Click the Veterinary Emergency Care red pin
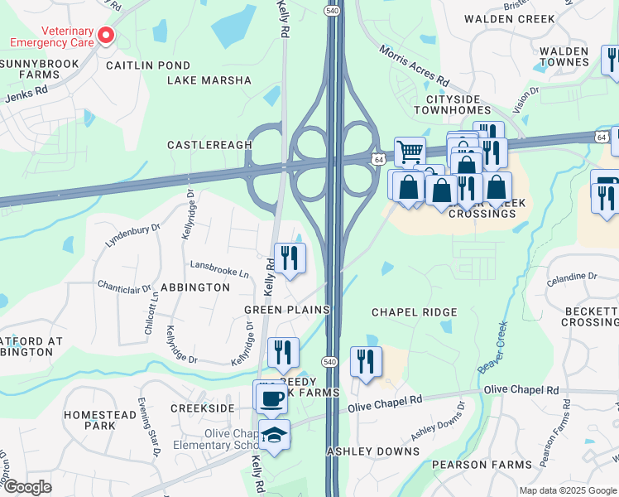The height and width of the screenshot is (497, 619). point(106,36)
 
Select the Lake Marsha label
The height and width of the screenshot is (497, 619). point(209,80)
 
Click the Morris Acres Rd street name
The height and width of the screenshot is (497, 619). point(414,67)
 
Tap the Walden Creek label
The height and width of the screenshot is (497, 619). point(507,18)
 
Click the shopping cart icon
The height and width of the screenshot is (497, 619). point(409,152)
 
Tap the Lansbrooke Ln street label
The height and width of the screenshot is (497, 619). point(219,271)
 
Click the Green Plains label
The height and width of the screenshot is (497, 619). point(286,310)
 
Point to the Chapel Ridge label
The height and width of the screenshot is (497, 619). point(414,312)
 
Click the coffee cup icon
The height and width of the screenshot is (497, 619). point(271,398)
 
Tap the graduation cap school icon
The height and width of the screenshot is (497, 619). point(274,434)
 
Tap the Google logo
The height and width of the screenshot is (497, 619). point(26,487)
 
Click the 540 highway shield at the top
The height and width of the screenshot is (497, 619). point(330,9)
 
